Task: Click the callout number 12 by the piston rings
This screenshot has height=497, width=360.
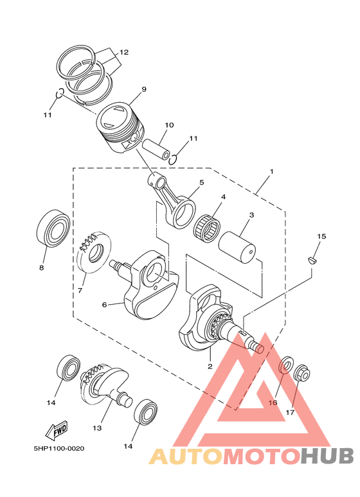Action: (x=124, y=51)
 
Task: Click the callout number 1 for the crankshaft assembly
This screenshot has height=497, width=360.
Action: (x=272, y=172)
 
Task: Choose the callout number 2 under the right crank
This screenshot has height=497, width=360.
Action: (x=210, y=366)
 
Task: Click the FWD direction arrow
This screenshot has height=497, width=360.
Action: (x=57, y=429)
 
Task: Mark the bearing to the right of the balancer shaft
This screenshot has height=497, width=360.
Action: (x=147, y=411)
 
